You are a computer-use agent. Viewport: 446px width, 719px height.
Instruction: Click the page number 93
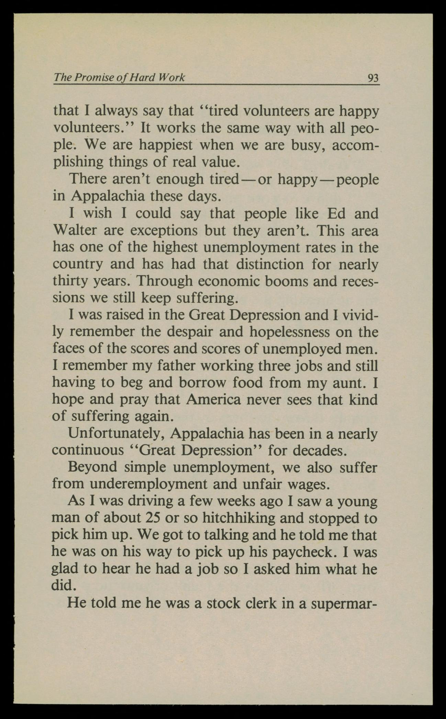(372, 78)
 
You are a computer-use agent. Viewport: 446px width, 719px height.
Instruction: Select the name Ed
(338, 214)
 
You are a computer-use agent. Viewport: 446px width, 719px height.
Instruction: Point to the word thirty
(69, 281)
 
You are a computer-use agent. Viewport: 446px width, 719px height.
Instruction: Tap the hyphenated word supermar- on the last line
(344, 603)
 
